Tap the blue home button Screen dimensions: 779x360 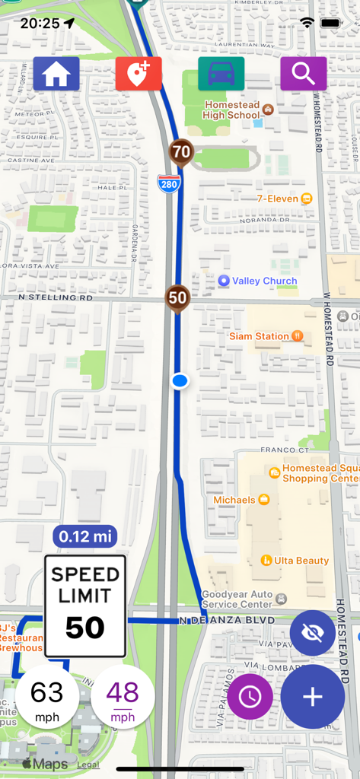pos(56,74)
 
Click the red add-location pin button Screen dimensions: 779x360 pos(139,74)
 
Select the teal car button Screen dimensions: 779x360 pos(221,74)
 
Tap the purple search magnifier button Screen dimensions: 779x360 pos(303,74)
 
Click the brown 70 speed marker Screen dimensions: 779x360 pos(181,152)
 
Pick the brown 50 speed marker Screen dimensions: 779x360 pos(177,297)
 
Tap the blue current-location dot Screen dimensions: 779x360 pos(180,380)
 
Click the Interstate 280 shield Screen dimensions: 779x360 pos(169,183)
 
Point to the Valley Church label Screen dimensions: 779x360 pos(257,281)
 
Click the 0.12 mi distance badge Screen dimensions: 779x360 pos(84,536)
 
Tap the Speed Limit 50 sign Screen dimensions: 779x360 pos(85,606)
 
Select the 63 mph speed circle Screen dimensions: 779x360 pos(47,698)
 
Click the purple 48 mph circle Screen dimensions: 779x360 pos(123,698)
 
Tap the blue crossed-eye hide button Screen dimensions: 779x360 pos(313,633)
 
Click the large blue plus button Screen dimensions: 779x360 pos(313,697)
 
